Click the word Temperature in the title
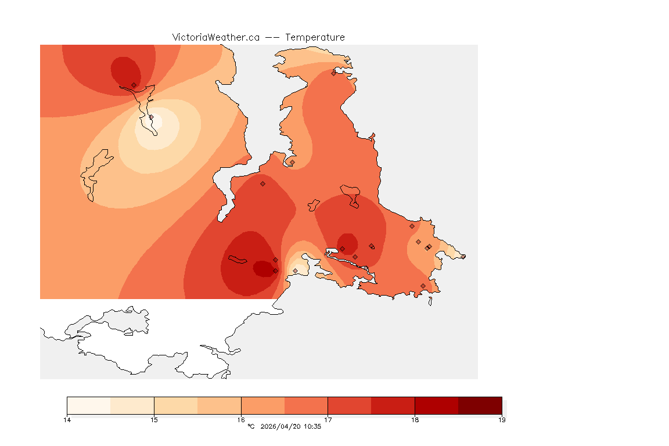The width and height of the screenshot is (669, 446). coord(315,37)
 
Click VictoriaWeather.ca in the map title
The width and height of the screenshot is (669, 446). coord(215,37)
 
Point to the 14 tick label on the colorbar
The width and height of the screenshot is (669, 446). coord(67,420)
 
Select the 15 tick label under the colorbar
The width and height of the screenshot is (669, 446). coord(154,420)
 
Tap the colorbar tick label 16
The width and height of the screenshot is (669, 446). coord(241,420)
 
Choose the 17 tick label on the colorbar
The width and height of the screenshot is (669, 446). coord(328,420)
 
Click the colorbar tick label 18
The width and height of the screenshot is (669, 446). coord(415,420)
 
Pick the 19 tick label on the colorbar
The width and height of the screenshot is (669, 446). coord(502,420)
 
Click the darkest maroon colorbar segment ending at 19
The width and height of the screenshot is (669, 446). coord(480,405)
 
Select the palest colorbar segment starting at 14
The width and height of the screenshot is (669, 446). coord(89,405)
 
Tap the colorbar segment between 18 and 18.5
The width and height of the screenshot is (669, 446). coord(436,405)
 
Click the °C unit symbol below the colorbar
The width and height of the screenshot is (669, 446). coord(251,427)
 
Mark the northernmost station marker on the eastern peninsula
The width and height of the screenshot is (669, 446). coord(334,73)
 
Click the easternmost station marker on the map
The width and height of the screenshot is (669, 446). coord(463,257)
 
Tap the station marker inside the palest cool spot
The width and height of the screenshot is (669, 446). coord(151,117)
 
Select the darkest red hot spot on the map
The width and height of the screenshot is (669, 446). coord(263,268)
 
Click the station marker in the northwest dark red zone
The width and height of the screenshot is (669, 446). coord(134,85)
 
